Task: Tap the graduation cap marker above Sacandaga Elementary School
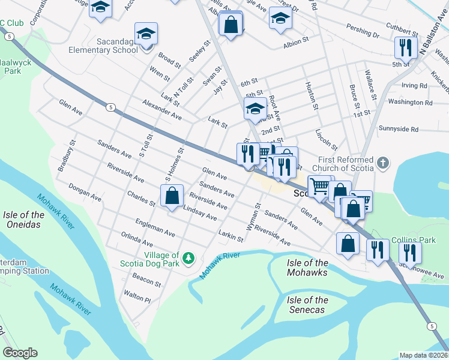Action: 145,34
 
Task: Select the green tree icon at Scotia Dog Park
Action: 189,258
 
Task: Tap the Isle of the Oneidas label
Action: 23,220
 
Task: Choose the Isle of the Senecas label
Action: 307,305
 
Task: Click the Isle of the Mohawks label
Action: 307,268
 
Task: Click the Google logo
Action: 20,353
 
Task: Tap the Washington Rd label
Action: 410,102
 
